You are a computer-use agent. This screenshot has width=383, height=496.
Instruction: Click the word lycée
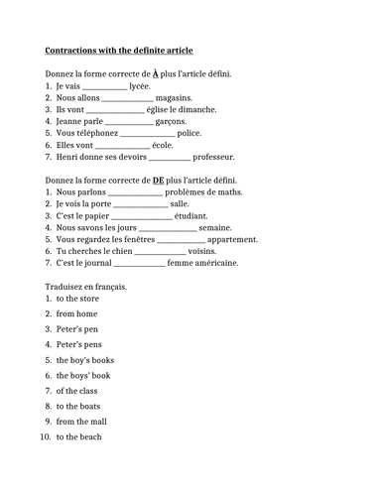pos(140,87)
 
